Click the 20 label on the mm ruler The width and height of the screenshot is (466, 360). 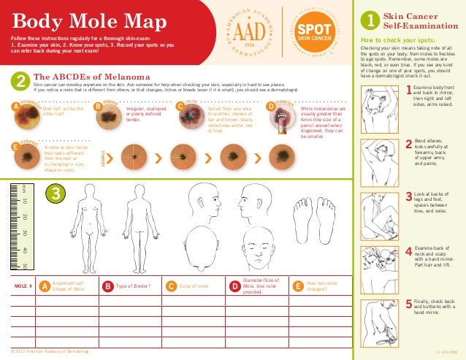tap(24, 217)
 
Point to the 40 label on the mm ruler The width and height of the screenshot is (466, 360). tap(24, 250)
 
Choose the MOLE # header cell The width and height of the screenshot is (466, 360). tap(24, 286)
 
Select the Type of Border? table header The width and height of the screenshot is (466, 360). tap(132, 286)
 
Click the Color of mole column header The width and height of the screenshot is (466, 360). tap(194, 286)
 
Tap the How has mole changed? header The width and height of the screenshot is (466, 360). tap(321, 286)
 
